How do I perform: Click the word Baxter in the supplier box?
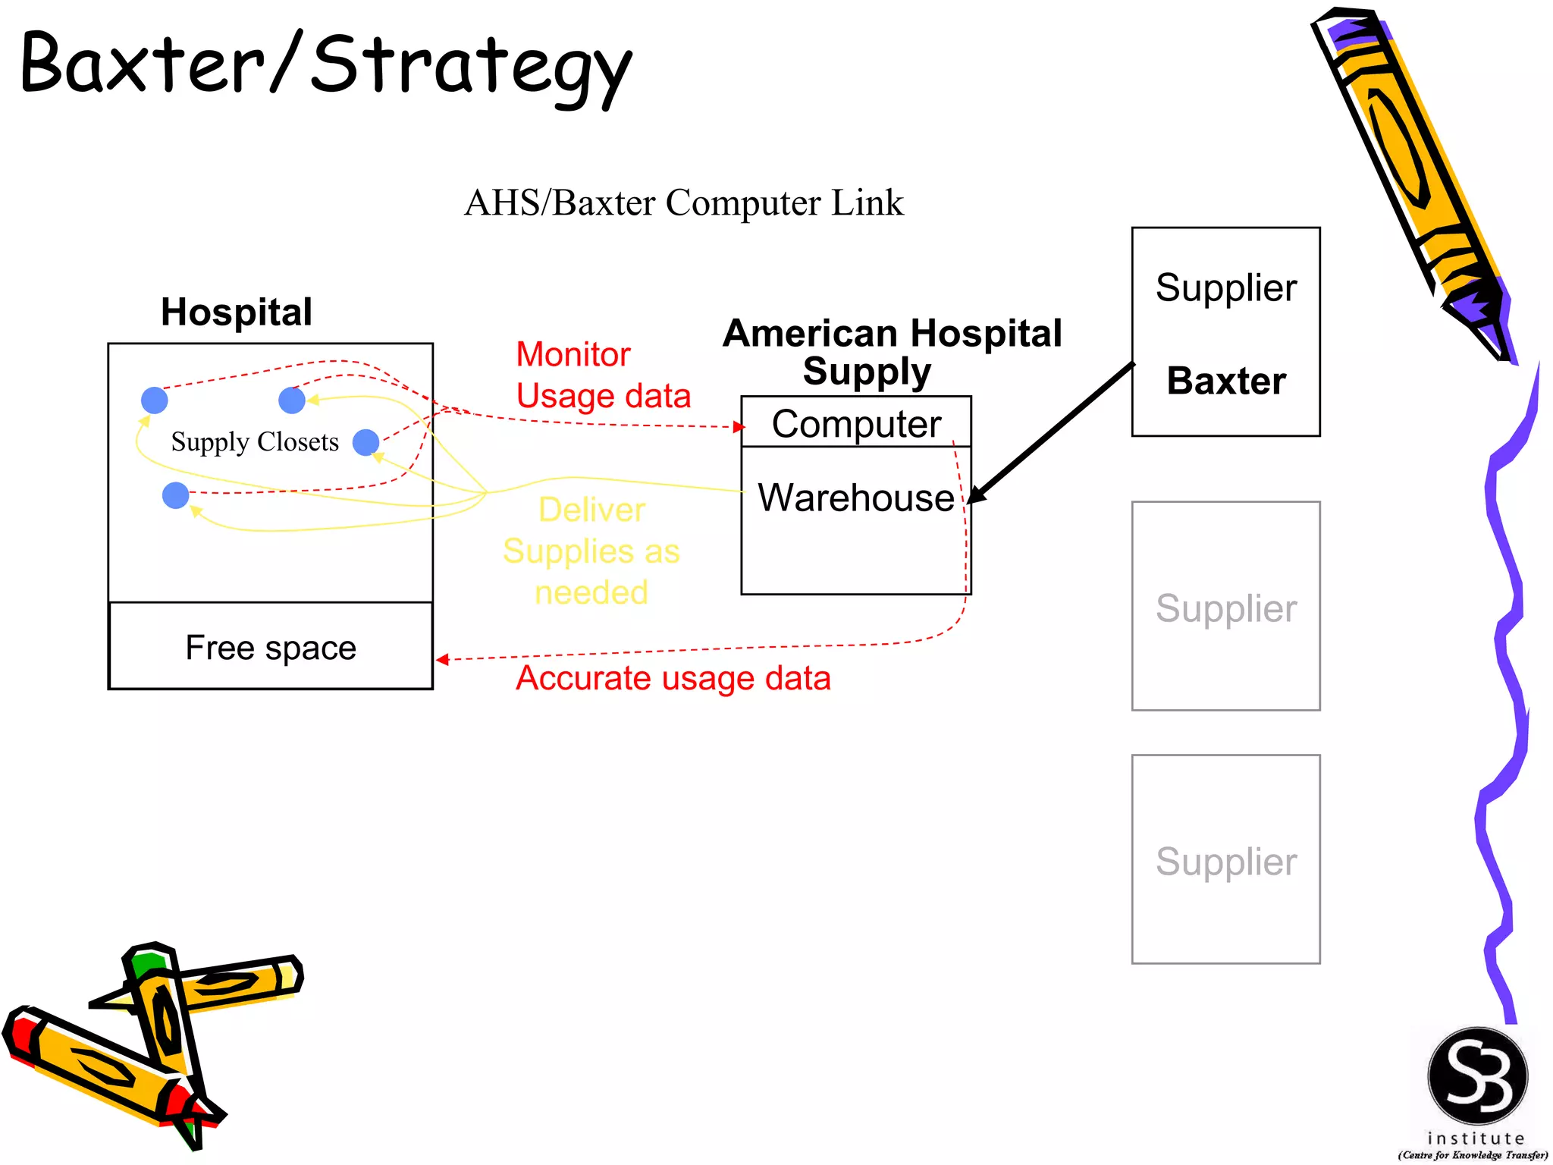pyautogui.click(x=1225, y=381)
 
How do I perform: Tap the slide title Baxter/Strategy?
pyautogui.click(x=326, y=67)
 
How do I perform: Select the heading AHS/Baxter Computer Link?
pyautogui.click(x=683, y=203)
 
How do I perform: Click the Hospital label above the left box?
pyautogui.click(x=236, y=312)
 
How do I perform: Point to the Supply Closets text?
pyautogui.click(x=255, y=441)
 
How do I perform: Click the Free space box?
pyautogui.click(x=271, y=647)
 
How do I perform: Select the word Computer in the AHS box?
pyautogui.click(x=855, y=424)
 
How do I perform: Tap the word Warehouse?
pyautogui.click(x=855, y=498)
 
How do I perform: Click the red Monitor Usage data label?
pyautogui.click(x=602, y=375)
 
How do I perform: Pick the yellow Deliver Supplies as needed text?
pyautogui.click(x=591, y=551)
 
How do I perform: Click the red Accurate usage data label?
pyautogui.click(x=673, y=678)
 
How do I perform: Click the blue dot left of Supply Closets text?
pyautogui.click(x=155, y=400)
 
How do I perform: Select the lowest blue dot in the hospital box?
pyautogui.click(x=176, y=495)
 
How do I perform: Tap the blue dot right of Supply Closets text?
pyautogui.click(x=366, y=442)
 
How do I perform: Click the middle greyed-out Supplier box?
pyautogui.click(x=1225, y=606)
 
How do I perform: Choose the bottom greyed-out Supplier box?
pyautogui.click(x=1225, y=859)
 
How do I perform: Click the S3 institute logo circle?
pyautogui.click(x=1477, y=1076)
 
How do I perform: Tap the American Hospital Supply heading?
pyautogui.click(x=892, y=352)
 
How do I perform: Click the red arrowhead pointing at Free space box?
pyautogui.click(x=443, y=659)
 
